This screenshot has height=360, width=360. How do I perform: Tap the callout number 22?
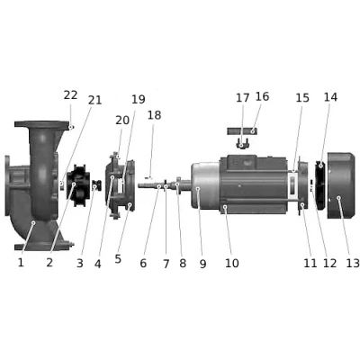click(x=71, y=94)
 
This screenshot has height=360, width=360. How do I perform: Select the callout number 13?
click(x=352, y=263)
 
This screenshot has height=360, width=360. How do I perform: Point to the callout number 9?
click(x=202, y=263)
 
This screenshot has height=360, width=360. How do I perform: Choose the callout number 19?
click(x=138, y=99)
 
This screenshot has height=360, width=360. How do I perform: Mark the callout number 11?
click(x=310, y=263)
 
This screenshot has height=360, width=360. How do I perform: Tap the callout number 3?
click(x=79, y=263)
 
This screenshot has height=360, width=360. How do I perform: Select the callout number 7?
click(x=165, y=263)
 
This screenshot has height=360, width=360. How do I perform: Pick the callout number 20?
click(x=122, y=120)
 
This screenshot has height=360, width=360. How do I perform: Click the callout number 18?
click(x=154, y=115)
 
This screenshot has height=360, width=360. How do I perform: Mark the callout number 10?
click(x=232, y=263)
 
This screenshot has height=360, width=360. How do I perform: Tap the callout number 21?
click(x=94, y=100)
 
